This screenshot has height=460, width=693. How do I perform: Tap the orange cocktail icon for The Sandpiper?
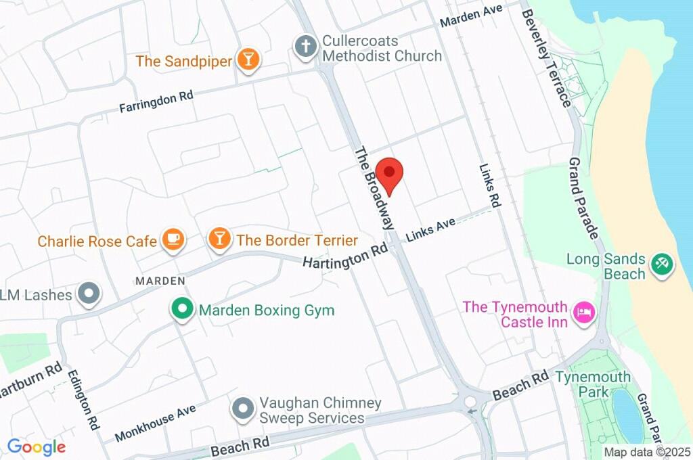click(x=248, y=60)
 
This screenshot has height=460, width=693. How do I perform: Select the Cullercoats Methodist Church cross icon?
click(x=306, y=47)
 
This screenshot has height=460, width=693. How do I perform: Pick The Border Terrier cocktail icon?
click(x=219, y=239)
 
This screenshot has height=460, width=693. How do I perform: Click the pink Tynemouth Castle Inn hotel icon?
click(x=583, y=313)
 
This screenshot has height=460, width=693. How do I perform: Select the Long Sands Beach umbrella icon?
click(x=660, y=264)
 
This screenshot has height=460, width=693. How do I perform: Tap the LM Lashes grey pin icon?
click(x=87, y=294)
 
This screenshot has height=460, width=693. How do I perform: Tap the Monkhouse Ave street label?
click(x=155, y=423)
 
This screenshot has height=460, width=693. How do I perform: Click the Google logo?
click(x=36, y=446)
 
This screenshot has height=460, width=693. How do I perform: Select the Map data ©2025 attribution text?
click(x=647, y=452)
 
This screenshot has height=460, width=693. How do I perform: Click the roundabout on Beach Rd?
click(x=471, y=403)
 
